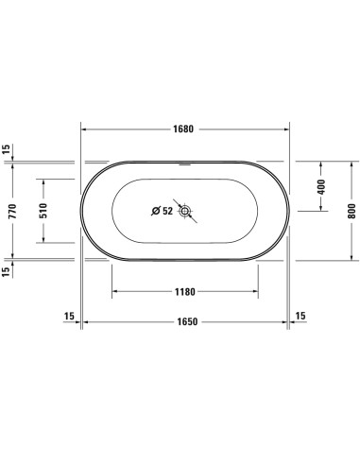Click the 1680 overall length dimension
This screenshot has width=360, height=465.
click(x=184, y=130)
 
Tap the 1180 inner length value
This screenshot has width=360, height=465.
click(x=185, y=292)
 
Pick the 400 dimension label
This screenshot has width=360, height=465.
click(x=320, y=188)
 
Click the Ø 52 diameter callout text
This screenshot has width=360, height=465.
click(x=163, y=211)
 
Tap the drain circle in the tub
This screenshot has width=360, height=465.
click(x=187, y=211)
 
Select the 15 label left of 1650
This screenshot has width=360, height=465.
click(x=67, y=316)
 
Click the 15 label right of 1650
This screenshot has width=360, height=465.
click(x=300, y=316)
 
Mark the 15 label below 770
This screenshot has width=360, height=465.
click(x=6, y=271)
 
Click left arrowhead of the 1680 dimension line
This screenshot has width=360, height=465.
click(x=83, y=130)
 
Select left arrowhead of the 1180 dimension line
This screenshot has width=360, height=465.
click(x=114, y=292)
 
